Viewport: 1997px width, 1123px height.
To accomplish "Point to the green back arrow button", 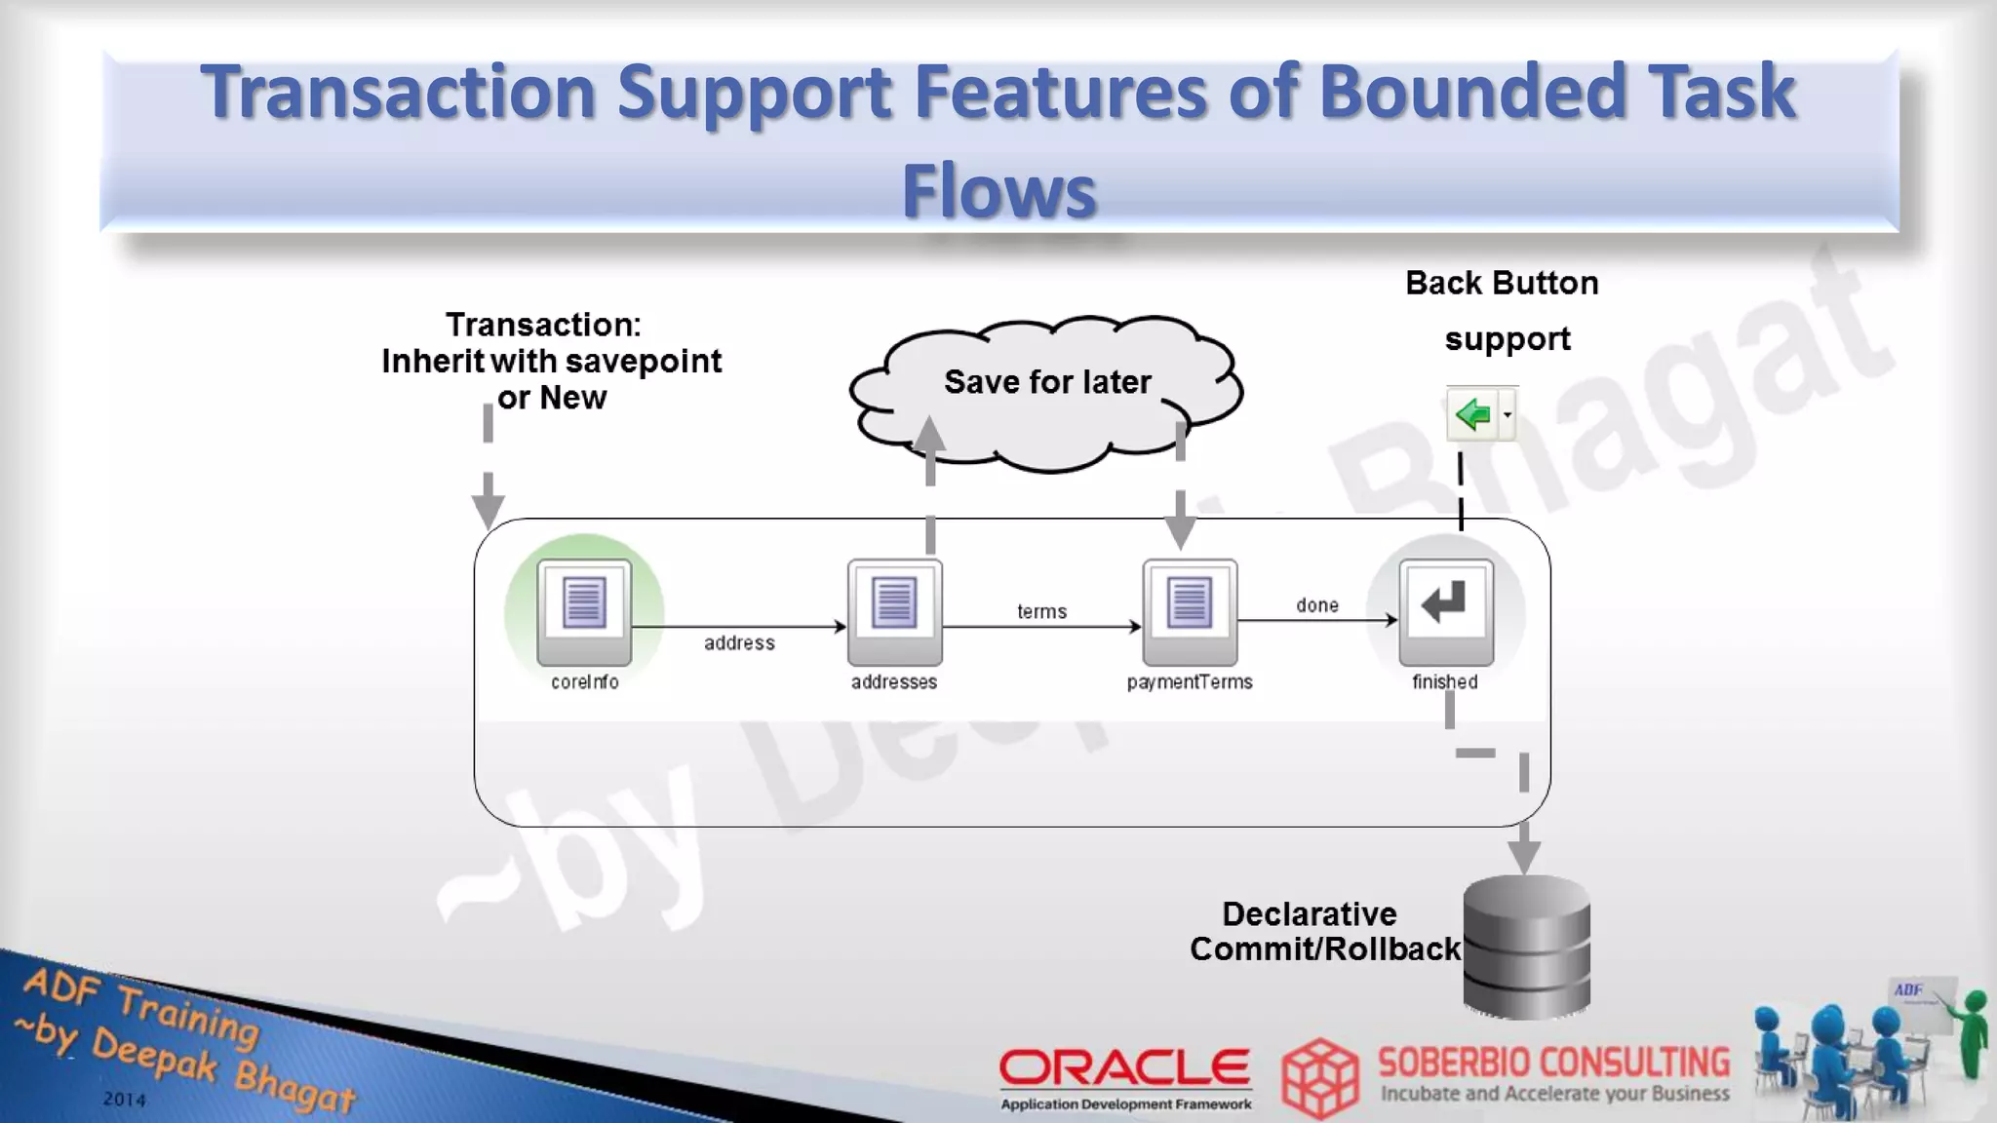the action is [1472, 415].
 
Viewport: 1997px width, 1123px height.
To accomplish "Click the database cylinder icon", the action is [1526, 946].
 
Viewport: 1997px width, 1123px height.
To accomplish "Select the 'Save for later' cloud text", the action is [1047, 382].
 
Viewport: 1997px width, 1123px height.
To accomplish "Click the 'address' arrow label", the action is [739, 643].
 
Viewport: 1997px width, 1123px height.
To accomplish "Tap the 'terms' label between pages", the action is [1041, 612].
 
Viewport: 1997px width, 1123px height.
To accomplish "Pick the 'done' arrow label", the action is [1316, 605].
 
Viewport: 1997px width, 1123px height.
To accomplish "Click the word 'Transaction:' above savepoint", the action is [543, 325].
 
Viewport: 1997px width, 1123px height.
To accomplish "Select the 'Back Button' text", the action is [1502, 284].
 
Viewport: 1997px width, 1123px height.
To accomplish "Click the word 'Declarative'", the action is [1309, 914].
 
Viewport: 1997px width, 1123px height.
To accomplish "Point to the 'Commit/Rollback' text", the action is [1324, 949].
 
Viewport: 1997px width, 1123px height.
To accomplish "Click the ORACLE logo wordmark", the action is [1124, 1068].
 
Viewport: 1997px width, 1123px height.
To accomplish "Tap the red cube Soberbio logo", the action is [1319, 1078].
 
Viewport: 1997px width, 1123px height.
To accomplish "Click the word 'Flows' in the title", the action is [999, 191].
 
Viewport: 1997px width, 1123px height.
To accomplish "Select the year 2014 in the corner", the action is [125, 1100].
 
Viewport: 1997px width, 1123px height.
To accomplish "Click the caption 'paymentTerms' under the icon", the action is [1190, 682].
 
